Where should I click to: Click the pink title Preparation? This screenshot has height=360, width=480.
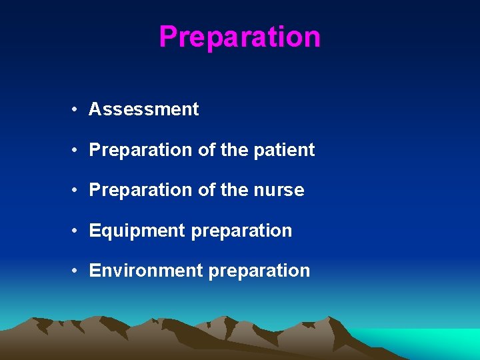pos(240,37)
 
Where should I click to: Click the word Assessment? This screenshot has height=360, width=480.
pos(143,109)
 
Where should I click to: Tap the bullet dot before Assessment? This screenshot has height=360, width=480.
pos(78,109)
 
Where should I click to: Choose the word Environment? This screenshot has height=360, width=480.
pos(145,271)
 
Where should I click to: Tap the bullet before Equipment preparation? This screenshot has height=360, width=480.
pos(78,231)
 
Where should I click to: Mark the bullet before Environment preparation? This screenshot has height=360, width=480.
pos(78,271)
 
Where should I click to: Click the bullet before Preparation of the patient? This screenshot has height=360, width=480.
pos(78,150)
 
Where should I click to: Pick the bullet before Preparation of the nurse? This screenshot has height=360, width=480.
pos(78,191)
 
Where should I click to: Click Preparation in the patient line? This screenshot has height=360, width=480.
pos(141,150)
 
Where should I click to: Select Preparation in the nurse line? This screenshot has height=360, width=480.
pos(141,191)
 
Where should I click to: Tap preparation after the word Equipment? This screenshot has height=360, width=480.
pos(241,231)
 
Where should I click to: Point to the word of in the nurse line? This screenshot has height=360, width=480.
pos(206,190)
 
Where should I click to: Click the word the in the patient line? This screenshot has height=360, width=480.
pos(233,150)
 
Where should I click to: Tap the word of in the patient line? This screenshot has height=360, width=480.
pos(206,150)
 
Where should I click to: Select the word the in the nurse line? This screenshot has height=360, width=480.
pos(233,190)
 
